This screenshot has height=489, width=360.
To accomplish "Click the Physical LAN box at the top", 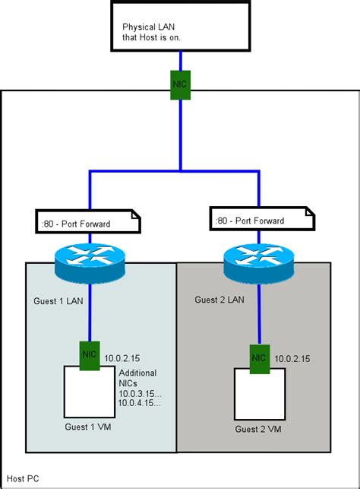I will [x=180, y=26].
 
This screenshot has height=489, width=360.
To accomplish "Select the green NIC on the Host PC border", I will [x=180, y=81].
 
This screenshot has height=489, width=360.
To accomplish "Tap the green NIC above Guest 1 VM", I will [x=90, y=353].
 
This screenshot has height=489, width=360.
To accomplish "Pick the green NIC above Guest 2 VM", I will [x=258, y=357].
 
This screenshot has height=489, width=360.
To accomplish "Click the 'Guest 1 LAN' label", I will [x=58, y=301].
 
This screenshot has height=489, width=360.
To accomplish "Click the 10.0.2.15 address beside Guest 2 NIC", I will [x=292, y=357].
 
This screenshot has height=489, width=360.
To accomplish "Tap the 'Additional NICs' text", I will [x=137, y=378].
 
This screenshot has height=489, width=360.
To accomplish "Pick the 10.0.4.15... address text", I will [x=139, y=402].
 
